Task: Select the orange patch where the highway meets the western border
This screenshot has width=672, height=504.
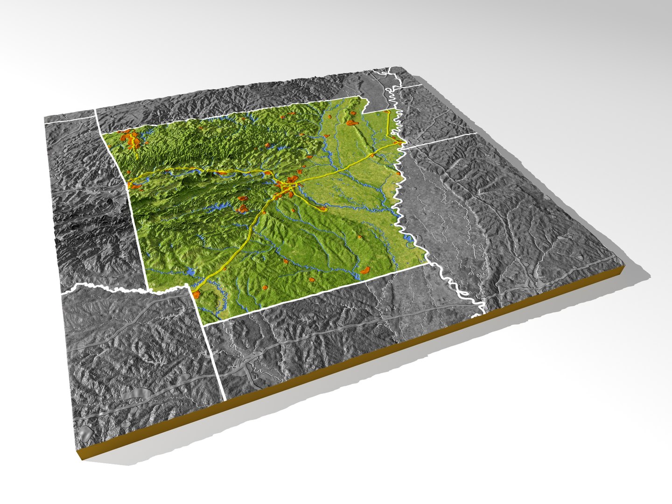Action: [135, 186]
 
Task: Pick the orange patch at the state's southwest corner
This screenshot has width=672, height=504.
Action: [196, 294]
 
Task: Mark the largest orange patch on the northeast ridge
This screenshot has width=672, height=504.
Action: [351, 123]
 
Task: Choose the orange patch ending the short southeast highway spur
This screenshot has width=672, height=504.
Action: [322, 209]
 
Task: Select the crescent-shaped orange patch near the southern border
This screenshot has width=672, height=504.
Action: [365, 270]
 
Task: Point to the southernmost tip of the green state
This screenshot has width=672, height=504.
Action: [206, 322]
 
